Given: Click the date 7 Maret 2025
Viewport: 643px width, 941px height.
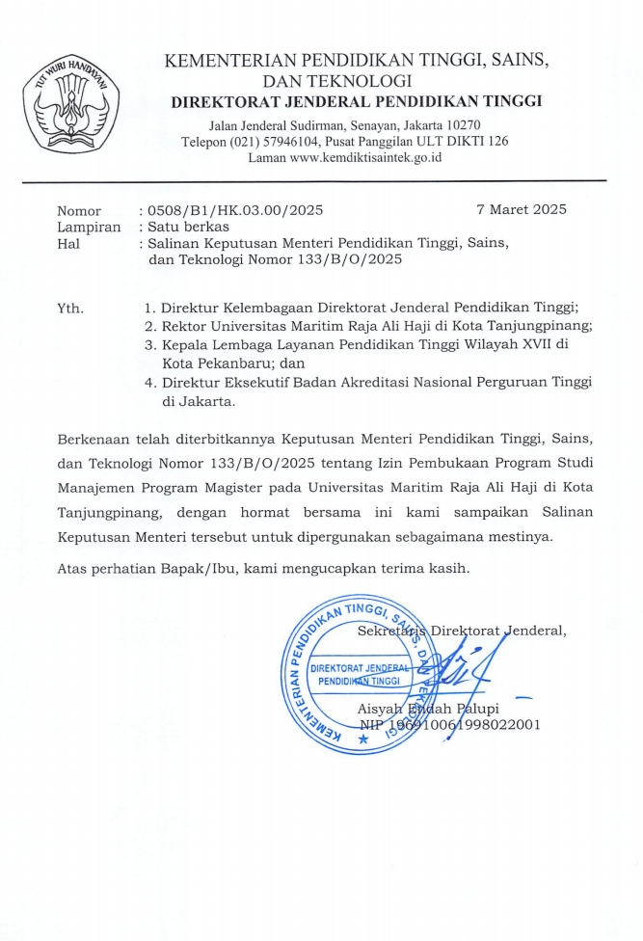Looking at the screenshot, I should [522, 209].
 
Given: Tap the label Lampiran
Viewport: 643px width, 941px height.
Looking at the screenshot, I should [89, 227].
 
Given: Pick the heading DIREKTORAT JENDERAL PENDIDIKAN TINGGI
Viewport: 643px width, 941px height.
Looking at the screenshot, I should [356, 101].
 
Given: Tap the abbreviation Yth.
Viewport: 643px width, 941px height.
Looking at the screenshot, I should [70, 309].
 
